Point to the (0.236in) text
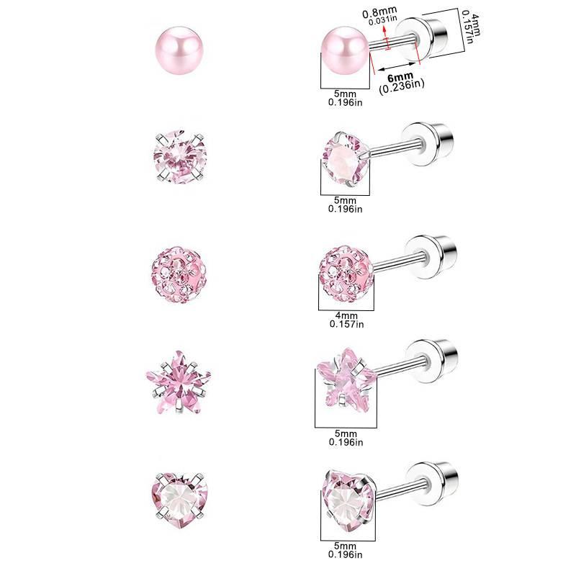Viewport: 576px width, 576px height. pos(401,86)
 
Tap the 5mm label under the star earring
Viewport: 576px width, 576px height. pos(345,434)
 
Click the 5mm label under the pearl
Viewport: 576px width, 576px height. pos(345,93)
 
